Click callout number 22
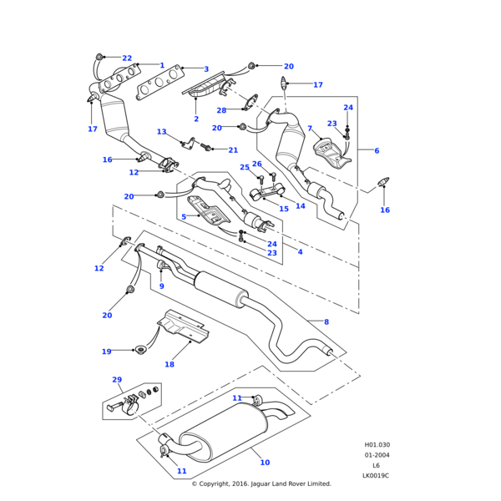pyautogui.click(x=127, y=58)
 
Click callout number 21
pyautogui.click(x=233, y=150)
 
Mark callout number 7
pyautogui.click(x=310, y=129)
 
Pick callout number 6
pyautogui.click(x=377, y=150)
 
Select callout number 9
pyautogui.click(x=161, y=286)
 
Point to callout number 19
pyautogui.click(x=106, y=352)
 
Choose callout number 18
pyautogui.click(x=170, y=364)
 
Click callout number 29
pyautogui.click(x=117, y=380)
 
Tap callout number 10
pyautogui.click(x=265, y=462)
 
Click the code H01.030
pyautogui.click(x=377, y=445)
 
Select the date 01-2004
pyautogui.click(x=377, y=455)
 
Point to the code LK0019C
pyautogui.click(x=376, y=475)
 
